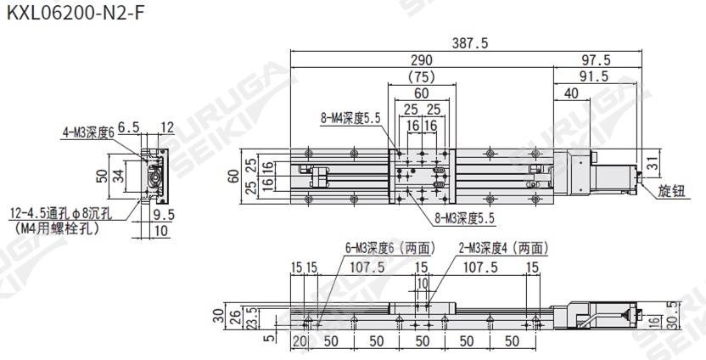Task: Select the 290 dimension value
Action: pos(422,60)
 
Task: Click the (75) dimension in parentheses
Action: pos(422,76)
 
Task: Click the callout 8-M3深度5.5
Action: pos(462,219)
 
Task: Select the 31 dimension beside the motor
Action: pos(652,162)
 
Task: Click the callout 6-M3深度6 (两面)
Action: pos(389,249)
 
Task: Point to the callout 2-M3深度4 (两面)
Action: pos(503,249)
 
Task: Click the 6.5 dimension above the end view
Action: pos(128,127)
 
